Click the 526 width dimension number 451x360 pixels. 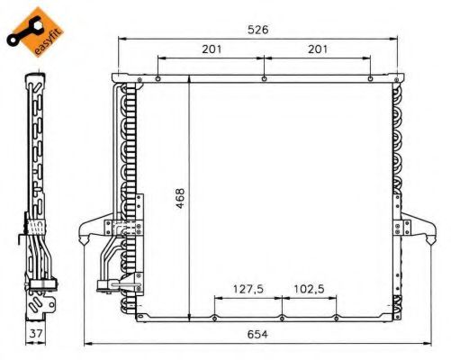(x=258, y=29)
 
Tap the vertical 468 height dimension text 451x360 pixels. (x=181, y=197)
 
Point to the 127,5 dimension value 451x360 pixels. (x=248, y=290)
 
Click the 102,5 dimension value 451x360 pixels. (x=309, y=290)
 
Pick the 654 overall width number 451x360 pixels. (x=259, y=334)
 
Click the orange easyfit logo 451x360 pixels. (x=26, y=26)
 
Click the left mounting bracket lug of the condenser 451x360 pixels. (x=93, y=230)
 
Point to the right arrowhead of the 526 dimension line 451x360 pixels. (x=396, y=39)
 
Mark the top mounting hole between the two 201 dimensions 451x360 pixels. (x=263, y=78)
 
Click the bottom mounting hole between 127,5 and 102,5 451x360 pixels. (x=282, y=317)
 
